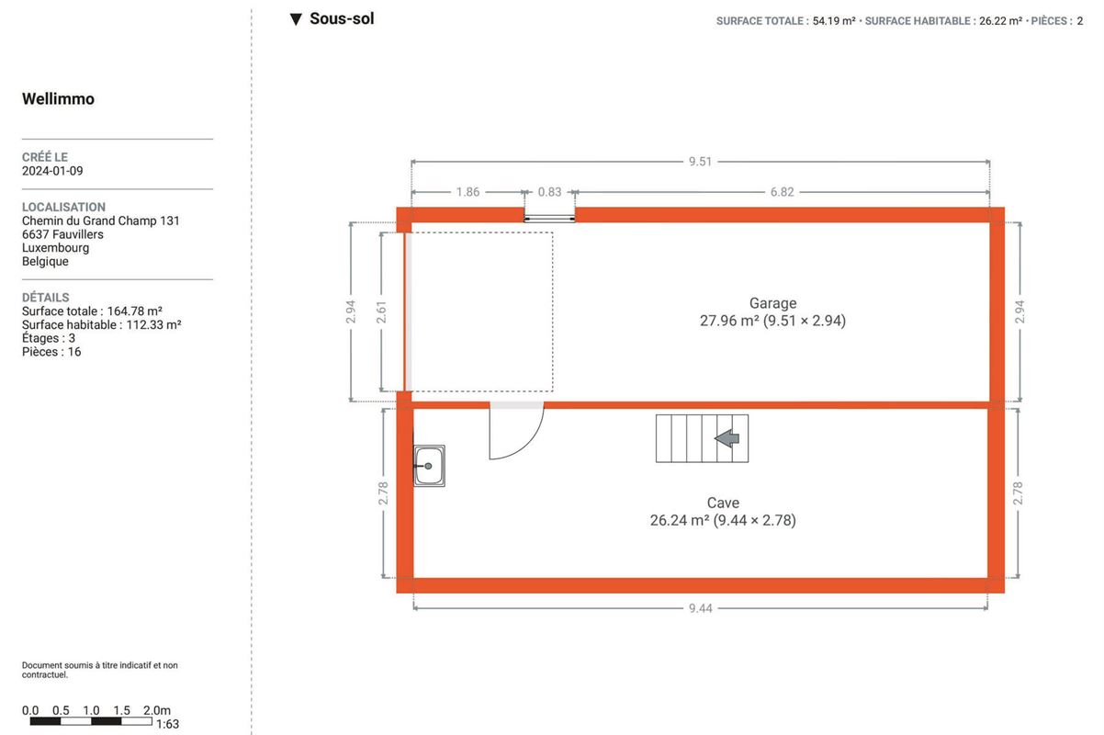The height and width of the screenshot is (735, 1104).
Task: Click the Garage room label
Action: pos(772,303)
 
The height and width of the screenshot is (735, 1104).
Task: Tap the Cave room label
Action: pos(723,503)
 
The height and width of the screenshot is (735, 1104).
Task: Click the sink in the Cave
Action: pos(429,466)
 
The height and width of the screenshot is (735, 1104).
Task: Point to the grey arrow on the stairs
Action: pos(727,438)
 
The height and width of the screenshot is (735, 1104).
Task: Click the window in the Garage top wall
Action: pos(549,218)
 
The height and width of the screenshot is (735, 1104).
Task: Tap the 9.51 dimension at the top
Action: pos(701,162)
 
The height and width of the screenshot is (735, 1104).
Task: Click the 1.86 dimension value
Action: pos(468,192)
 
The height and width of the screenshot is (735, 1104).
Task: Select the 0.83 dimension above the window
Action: pos(549,192)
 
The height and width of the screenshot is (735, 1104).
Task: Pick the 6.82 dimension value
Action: pos(783,192)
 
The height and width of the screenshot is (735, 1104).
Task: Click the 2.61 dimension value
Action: pos(381,312)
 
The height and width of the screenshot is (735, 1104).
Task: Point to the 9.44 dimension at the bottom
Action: pos(701,608)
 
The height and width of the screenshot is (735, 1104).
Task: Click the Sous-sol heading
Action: pos(342,18)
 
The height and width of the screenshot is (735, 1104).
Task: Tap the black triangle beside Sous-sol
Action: pos(296,19)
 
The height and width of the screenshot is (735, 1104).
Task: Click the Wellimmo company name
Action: pos(58,98)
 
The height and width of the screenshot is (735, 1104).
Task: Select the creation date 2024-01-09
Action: pos(52,171)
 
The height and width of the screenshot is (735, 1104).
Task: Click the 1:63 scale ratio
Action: pos(167,724)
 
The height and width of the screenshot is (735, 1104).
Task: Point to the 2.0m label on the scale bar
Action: pos(157,710)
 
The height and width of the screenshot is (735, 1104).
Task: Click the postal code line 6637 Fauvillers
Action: pos(62,234)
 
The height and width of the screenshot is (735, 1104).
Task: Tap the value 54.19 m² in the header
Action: pos(834,21)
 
